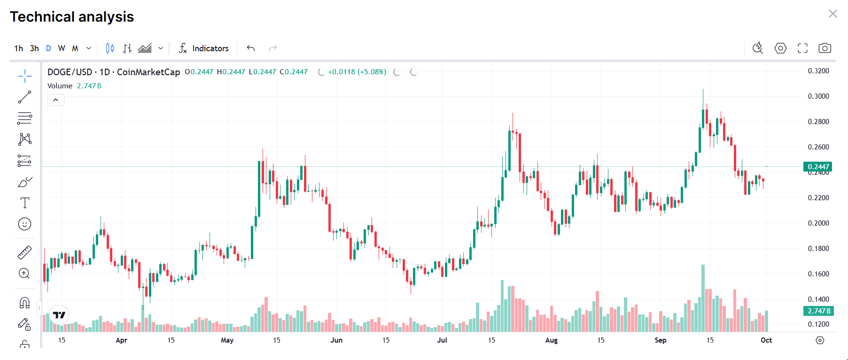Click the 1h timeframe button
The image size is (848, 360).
coord(19,48)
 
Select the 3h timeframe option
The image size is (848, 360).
coord(34,48)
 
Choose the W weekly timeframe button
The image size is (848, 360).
coord(62,48)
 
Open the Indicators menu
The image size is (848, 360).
coord(203,48)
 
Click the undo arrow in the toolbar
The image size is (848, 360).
coord(251,48)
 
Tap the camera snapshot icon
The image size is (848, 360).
coord(825,48)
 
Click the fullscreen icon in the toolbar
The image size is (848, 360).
coord(802,48)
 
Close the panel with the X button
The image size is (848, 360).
coord(832,14)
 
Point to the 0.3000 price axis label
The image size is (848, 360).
coord(818,96)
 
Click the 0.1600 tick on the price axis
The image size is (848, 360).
coord(818,274)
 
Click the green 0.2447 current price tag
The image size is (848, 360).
coord(818,167)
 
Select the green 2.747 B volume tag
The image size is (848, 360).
coord(818,311)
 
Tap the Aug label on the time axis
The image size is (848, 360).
coord(552,340)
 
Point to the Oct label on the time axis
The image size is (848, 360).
coord(766,340)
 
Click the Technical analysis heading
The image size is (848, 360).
coord(72,17)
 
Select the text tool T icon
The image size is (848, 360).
coord(25,203)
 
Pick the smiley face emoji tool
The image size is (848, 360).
coord(25,224)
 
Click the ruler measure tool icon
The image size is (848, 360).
coord(25,253)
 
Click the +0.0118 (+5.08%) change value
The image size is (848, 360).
coord(357,72)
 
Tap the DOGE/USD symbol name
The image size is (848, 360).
coord(70,72)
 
